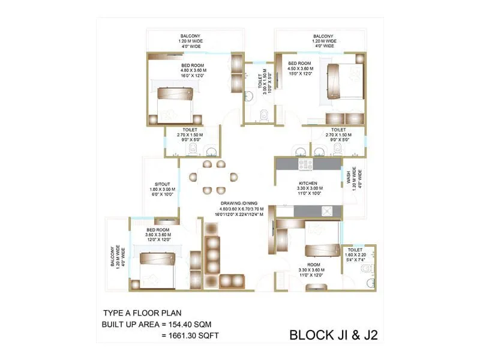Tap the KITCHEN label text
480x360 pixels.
click(308, 184)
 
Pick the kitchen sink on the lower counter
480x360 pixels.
click(327, 211)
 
